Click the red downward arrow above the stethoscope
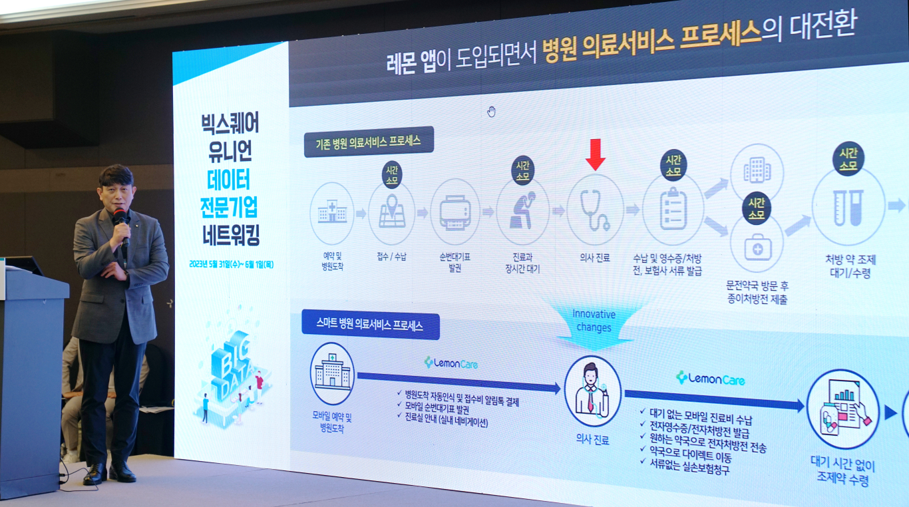(596, 154)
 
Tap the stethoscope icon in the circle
(594, 210)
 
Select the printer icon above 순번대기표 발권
(455, 212)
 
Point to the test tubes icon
(848, 208)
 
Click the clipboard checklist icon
(673, 210)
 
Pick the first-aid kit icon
(757, 248)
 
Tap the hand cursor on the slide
(491, 112)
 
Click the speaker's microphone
(121, 226)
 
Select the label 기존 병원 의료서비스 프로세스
(368, 142)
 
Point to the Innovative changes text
(594, 321)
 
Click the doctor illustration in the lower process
(592, 390)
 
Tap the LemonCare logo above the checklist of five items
(710, 379)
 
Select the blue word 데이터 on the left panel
(229, 179)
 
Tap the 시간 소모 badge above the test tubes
(848, 159)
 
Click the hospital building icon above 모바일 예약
(332, 373)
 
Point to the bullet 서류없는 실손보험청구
(689, 466)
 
